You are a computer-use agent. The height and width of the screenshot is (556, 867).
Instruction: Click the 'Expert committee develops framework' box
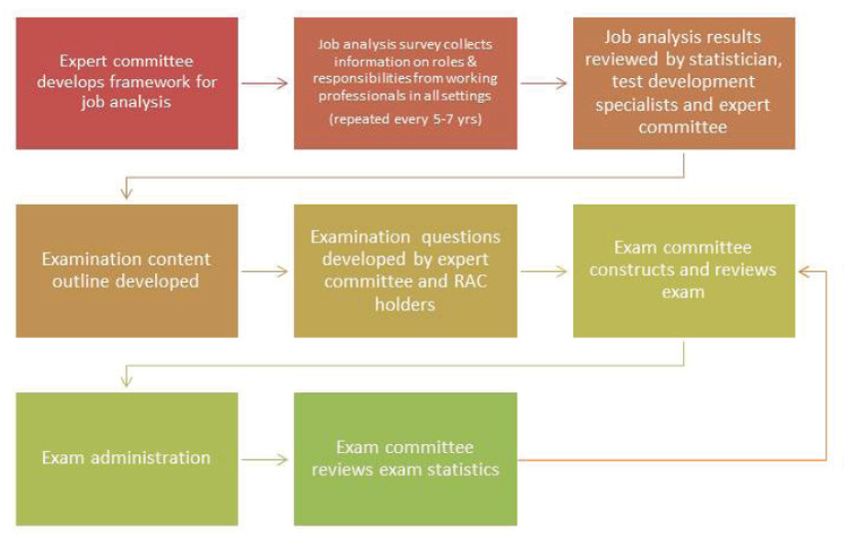[x=127, y=83]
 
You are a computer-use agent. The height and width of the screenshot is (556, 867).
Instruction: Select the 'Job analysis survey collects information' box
[x=405, y=83]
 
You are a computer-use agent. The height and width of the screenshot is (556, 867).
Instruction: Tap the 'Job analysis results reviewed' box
[x=684, y=83]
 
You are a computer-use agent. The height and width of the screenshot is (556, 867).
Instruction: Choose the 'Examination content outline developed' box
[x=127, y=270]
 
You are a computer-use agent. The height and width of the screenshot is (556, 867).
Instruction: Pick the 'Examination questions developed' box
[x=405, y=270]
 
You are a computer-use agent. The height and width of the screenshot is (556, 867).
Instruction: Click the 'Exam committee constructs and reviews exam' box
[x=684, y=270]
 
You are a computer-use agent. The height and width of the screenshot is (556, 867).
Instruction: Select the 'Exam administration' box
[x=127, y=459]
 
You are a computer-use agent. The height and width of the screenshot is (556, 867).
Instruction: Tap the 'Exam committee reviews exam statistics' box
[x=405, y=459]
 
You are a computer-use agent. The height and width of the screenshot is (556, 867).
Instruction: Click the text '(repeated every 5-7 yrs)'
[x=405, y=119]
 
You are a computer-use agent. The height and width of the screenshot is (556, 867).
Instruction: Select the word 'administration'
[x=151, y=458]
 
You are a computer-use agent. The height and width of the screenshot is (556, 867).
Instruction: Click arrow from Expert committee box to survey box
[x=265, y=84]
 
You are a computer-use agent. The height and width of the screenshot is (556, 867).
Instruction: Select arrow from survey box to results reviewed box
[x=544, y=84]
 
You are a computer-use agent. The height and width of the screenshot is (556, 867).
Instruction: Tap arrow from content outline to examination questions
[x=265, y=271]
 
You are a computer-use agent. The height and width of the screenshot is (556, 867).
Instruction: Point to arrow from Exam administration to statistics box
[x=265, y=460]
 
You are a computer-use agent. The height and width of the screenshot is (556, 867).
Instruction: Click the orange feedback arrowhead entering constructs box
[x=805, y=271]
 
